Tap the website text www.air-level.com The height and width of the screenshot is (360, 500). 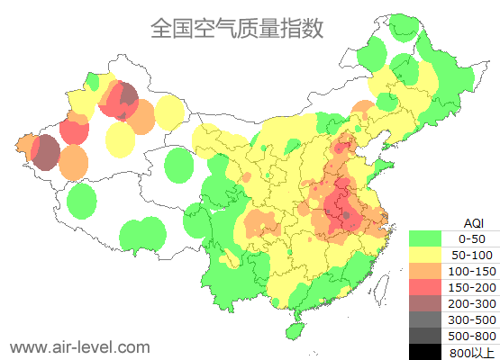point(79,346)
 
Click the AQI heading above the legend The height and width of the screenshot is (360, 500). point(473,222)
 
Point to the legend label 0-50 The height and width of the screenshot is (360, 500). point(473,238)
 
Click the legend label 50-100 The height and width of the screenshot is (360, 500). point(473,255)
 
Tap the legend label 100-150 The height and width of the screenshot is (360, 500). point(473,271)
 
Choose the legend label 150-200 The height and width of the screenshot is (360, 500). point(473,287)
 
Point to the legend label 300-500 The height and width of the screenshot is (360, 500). point(473,319)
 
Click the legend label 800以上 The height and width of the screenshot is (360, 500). point(473,351)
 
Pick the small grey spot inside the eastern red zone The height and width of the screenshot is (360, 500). point(347,214)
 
